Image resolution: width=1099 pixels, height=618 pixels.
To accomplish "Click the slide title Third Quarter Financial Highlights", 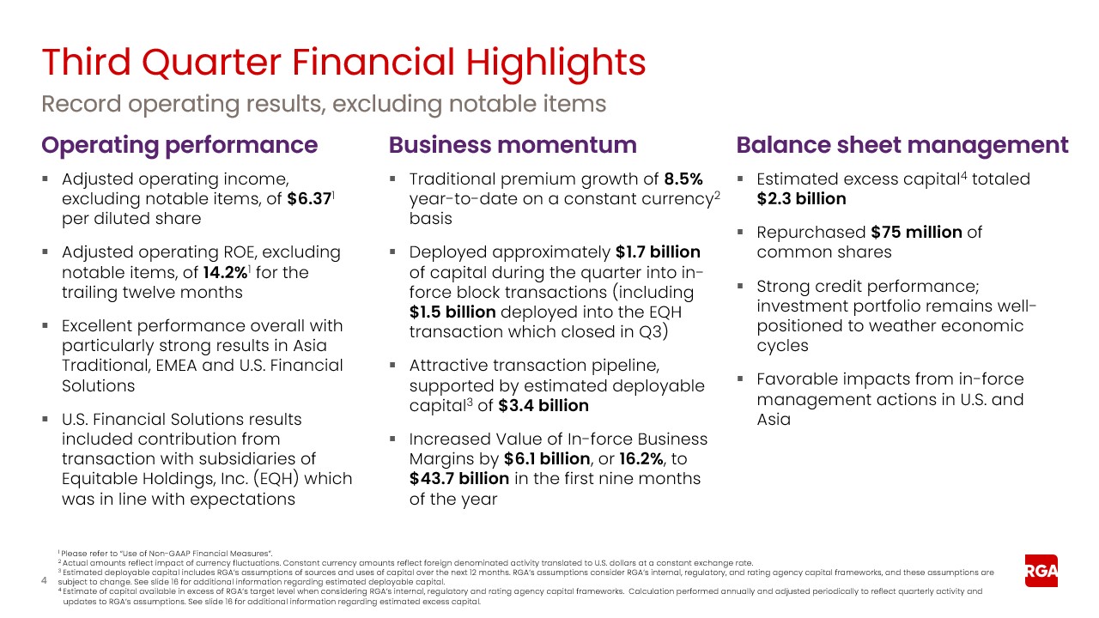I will click(343, 63).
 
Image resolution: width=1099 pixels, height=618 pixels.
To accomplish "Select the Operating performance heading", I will click(179, 145).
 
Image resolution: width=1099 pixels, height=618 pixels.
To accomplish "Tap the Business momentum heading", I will click(513, 145).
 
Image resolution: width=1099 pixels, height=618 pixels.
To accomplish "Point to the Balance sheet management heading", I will click(902, 145).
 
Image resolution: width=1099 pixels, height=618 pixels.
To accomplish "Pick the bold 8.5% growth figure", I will click(683, 179).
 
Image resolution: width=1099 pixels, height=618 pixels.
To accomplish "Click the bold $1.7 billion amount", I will click(658, 252).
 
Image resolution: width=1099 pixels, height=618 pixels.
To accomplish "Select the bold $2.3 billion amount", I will click(801, 199).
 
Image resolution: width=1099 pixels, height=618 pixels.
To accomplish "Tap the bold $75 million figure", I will click(916, 233).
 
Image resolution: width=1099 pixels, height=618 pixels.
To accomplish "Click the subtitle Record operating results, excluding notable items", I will click(324, 104).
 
